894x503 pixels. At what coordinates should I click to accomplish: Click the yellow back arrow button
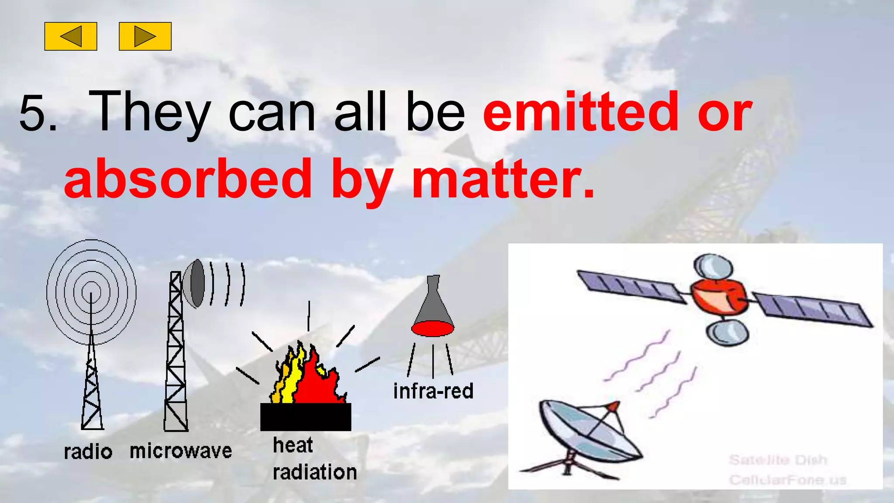(71, 36)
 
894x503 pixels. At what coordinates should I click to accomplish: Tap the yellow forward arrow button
(145, 36)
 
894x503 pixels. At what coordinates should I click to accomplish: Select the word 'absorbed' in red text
(188, 179)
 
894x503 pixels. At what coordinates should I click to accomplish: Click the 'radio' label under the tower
(88, 452)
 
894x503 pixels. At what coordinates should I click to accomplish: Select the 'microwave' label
(181, 451)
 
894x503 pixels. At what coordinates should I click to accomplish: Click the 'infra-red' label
(433, 391)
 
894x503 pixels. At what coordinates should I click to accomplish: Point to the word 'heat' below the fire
(292, 445)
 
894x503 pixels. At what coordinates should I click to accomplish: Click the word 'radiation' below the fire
(314, 472)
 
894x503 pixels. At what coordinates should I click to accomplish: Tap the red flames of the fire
(316, 380)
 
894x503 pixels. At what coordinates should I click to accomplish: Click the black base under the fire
(306, 417)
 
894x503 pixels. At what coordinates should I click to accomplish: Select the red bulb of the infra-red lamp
(432, 328)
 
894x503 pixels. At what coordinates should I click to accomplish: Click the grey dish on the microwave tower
(195, 283)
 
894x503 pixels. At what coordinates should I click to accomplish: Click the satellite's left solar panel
(631, 286)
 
